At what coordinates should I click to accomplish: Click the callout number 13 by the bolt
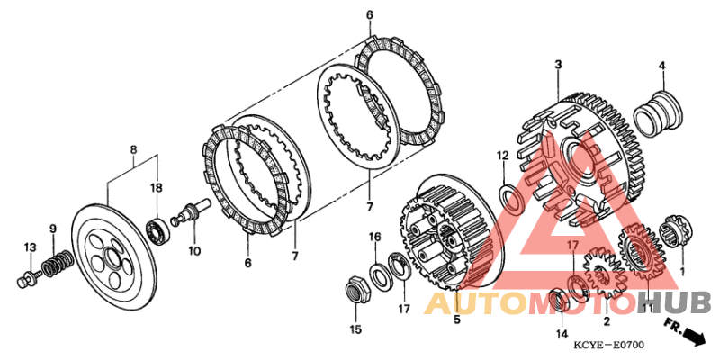pos(30,248)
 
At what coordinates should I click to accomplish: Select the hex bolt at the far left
pos(28,279)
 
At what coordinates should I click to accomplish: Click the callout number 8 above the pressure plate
pos(133,149)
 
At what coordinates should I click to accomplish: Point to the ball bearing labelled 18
pos(158,230)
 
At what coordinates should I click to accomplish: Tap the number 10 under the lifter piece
pos(194,251)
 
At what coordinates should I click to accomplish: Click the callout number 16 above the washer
pos(375,237)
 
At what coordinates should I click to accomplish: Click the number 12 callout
pos(502,156)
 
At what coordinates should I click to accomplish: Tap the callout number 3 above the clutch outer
pos(558,65)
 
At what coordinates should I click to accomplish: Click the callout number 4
pos(661,66)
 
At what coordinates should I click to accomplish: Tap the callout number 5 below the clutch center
pos(457,319)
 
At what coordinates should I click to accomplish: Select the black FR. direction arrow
pos(694,337)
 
